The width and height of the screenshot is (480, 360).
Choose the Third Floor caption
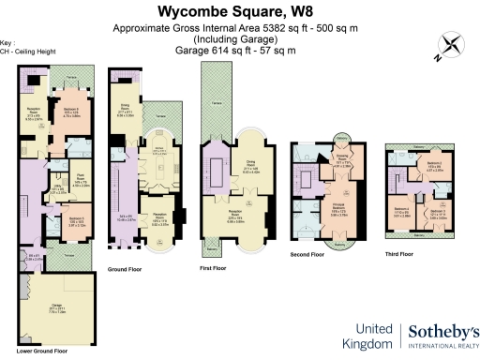pos(398,253)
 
